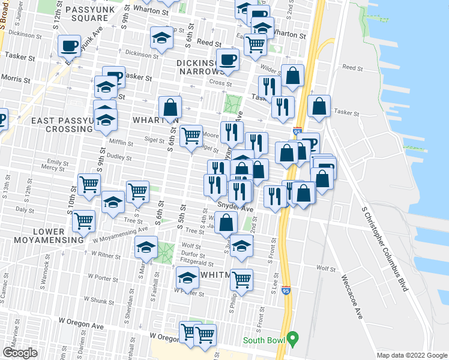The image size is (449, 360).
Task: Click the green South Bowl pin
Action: [292, 340]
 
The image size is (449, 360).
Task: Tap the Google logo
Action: [20, 353]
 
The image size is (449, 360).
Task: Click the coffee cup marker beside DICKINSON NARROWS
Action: [228, 59]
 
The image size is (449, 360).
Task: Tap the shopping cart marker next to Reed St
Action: [256, 43]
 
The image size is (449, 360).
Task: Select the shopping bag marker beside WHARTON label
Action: [170, 107]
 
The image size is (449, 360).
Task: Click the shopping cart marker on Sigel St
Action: [191, 136]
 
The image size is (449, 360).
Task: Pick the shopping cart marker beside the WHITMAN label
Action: [241, 278]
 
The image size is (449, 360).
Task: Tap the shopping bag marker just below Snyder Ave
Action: [226, 223]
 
